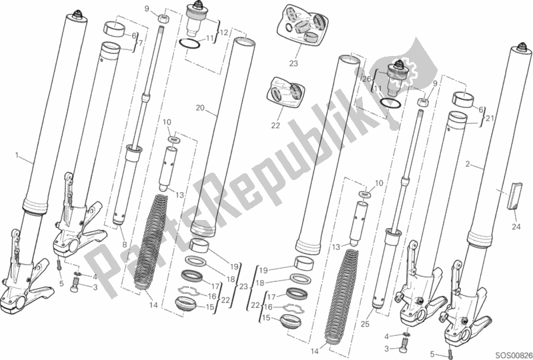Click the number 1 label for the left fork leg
(16, 155)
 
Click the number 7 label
(139, 43)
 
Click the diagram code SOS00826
(510, 352)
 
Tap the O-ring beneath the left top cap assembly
(191, 45)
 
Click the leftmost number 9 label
(146, 9)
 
